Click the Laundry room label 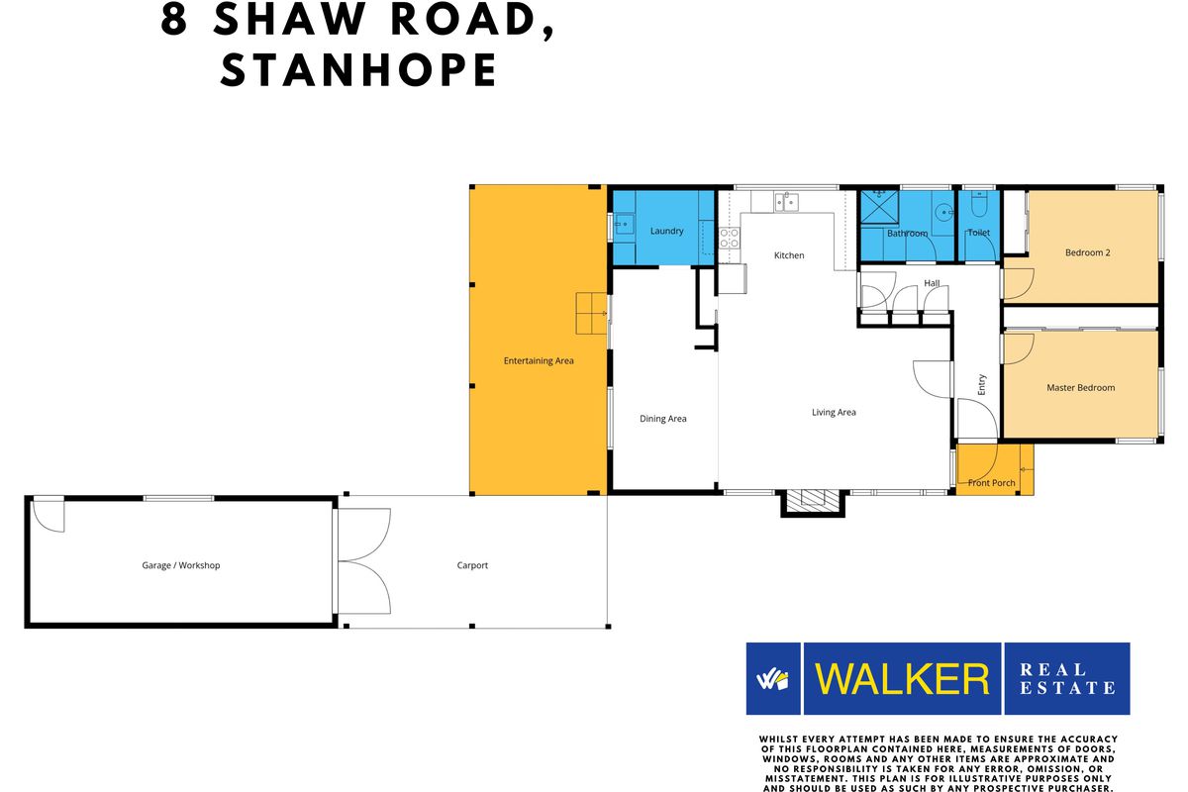[666, 231]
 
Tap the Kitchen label [789, 255]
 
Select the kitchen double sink [786, 203]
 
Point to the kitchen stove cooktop [729, 238]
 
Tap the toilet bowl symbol [978, 205]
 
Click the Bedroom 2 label [1087, 252]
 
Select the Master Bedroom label [1080, 388]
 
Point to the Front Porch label [991, 483]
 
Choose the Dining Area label [662, 419]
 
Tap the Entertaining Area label [539, 360]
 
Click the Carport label [472, 565]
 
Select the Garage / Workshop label [180, 565]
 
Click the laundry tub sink [623, 225]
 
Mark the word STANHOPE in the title [358, 69]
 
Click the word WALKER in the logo [902, 679]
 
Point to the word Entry [982, 384]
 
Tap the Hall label [932, 283]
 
